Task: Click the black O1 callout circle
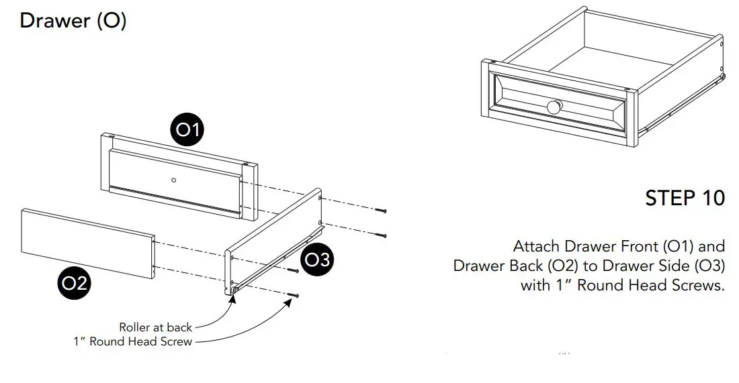tap(188, 129)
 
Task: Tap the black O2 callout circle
tap(74, 283)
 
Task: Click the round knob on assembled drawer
tap(554, 107)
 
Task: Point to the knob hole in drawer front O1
tap(173, 179)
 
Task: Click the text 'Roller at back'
tap(155, 327)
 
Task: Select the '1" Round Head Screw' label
tap(132, 341)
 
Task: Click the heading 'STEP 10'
tap(685, 199)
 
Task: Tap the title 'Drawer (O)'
tap(73, 21)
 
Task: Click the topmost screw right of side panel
tap(382, 211)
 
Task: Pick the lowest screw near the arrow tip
tap(294, 295)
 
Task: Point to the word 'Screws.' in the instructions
tap(696, 285)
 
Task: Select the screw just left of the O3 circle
tap(293, 271)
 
